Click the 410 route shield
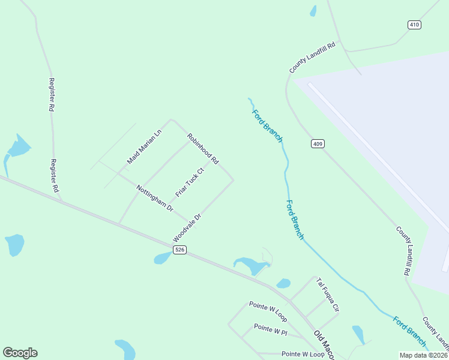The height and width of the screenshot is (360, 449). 414,25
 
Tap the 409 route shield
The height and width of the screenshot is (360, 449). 318,143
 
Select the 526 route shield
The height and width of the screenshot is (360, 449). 178,250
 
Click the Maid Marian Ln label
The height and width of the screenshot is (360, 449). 145,147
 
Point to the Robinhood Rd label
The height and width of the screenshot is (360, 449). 202,149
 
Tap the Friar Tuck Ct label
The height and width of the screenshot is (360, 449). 190,182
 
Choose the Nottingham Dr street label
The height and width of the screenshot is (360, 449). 154,198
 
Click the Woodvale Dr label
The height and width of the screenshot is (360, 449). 186,226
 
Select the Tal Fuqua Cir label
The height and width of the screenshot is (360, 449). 328,295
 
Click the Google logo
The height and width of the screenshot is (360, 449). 20,353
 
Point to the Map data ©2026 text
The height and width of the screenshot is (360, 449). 423,355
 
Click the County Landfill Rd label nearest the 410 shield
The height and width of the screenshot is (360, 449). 315,58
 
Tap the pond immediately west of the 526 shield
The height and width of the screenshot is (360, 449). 162,258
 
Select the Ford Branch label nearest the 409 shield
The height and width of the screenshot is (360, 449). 267,126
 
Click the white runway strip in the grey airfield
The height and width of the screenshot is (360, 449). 378,156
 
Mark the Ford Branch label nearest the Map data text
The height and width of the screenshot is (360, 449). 410,331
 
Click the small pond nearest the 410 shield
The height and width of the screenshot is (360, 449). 313,11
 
